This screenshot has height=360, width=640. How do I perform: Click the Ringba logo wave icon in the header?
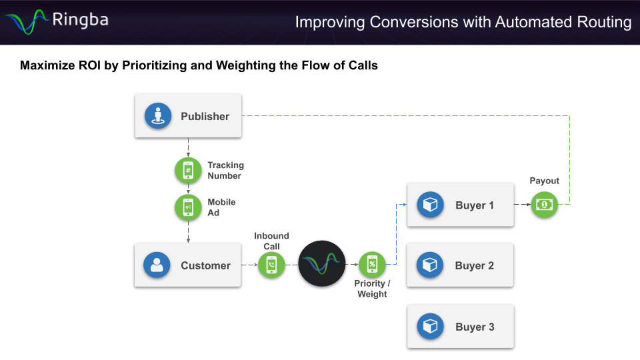pos(25,21)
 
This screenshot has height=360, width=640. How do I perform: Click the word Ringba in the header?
pos(80,20)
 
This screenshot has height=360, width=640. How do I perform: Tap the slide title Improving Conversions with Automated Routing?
pos(463,22)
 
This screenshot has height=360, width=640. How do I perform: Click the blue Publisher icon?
pos(158,116)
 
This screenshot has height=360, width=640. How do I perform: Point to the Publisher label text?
pos(205,116)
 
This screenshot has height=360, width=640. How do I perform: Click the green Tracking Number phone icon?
pos(188,171)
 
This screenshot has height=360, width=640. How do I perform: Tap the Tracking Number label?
pos(225,171)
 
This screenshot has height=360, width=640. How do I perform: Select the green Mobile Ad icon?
pos(188,208)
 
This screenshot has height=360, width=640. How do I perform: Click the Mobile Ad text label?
pos(221,207)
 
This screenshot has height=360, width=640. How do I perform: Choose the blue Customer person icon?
pos(157,265)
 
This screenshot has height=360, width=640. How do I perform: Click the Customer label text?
pos(205,265)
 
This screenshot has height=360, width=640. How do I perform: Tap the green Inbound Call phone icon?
pos(271,265)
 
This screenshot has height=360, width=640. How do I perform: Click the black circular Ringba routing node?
pos(322,264)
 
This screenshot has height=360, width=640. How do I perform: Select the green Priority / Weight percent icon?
pos(372,265)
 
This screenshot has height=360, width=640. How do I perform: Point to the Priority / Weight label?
pos(372,289)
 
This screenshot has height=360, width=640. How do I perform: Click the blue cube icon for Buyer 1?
pos(430,205)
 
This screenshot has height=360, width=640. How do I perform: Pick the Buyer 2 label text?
pos(474,265)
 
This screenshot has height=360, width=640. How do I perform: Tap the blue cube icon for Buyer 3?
pos(430,327)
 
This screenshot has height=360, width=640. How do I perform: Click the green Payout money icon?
pos(544,204)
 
